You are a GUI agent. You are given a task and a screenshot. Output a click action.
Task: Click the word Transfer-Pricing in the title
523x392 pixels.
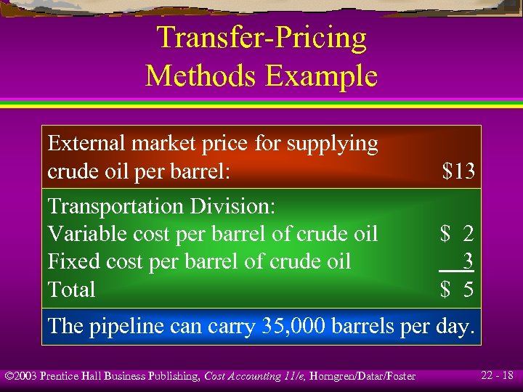pos(261,38)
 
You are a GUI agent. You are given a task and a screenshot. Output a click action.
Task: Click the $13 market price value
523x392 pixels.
pos(458,172)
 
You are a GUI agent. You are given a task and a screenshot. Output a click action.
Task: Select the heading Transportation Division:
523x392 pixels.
pos(161,206)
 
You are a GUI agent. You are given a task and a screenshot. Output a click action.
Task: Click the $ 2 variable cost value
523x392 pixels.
pos(457,234)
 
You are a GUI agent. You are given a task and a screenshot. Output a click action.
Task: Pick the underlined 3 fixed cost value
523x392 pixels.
pos(468,260)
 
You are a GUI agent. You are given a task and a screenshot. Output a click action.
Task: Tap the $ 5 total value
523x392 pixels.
pos(457,290)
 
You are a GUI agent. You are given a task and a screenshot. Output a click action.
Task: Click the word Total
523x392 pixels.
pos(71,290)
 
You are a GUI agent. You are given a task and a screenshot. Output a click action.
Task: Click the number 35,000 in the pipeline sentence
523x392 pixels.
pos(293,326)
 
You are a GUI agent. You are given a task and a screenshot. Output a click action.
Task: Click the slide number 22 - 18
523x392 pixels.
pos(497,375)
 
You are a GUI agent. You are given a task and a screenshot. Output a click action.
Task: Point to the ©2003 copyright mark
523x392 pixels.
pos(20,376)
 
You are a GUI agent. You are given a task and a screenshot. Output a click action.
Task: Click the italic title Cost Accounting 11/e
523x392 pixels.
pos(249,376)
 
